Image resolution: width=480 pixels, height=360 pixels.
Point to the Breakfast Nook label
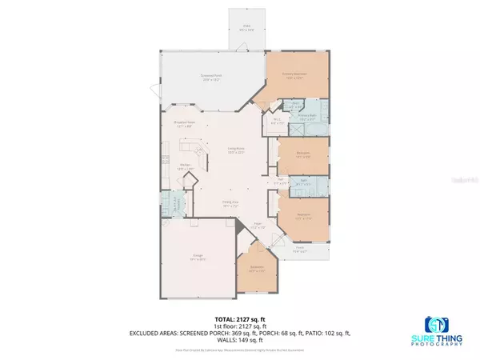186,124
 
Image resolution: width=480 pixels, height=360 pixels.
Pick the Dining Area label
232,205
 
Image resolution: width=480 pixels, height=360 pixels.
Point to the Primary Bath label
309,117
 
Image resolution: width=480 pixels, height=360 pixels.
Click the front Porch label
300,250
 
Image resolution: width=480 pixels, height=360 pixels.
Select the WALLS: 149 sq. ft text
240,341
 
